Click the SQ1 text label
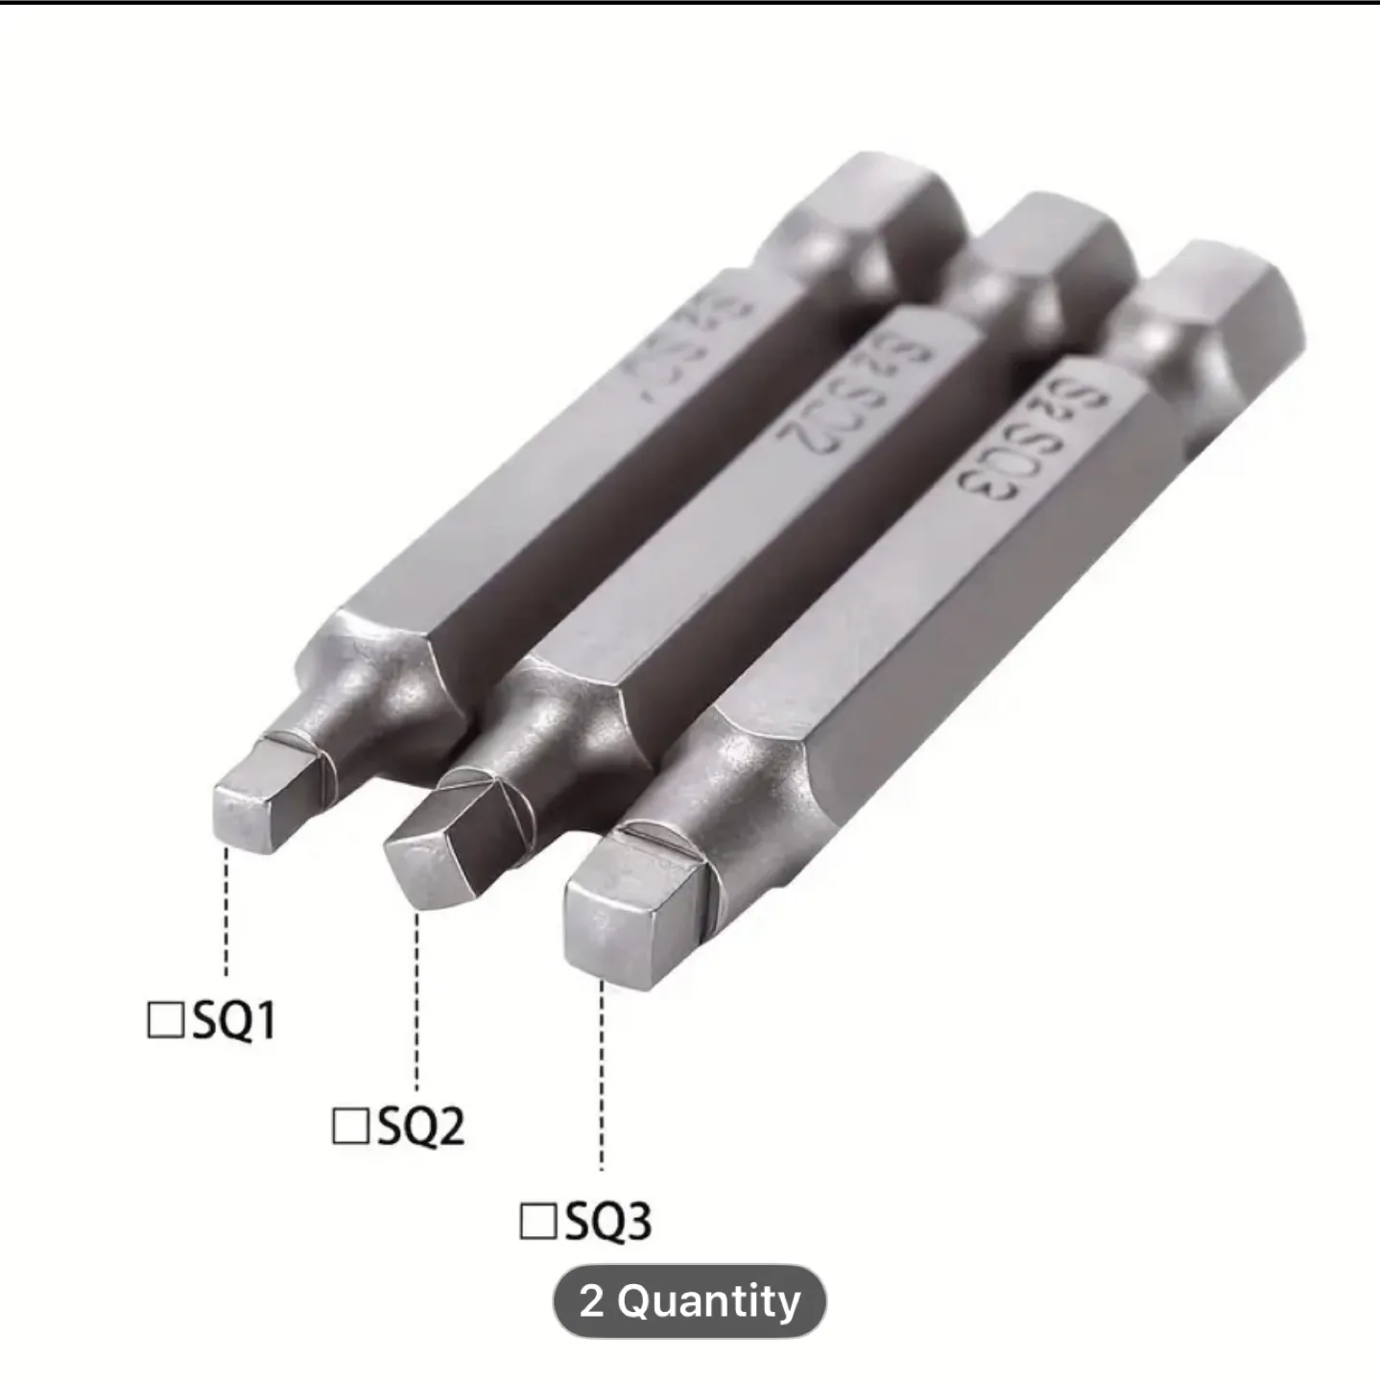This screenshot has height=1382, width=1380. point(234,1020)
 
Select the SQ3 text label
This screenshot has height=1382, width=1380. point(608,1222)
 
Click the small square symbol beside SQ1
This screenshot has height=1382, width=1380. point(164,1020)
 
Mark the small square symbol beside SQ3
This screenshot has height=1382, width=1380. point(537,1222)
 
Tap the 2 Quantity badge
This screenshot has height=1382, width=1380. point(689,1301)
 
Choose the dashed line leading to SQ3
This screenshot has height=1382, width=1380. point(602,1075)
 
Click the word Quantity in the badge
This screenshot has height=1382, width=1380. point(708,1301)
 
